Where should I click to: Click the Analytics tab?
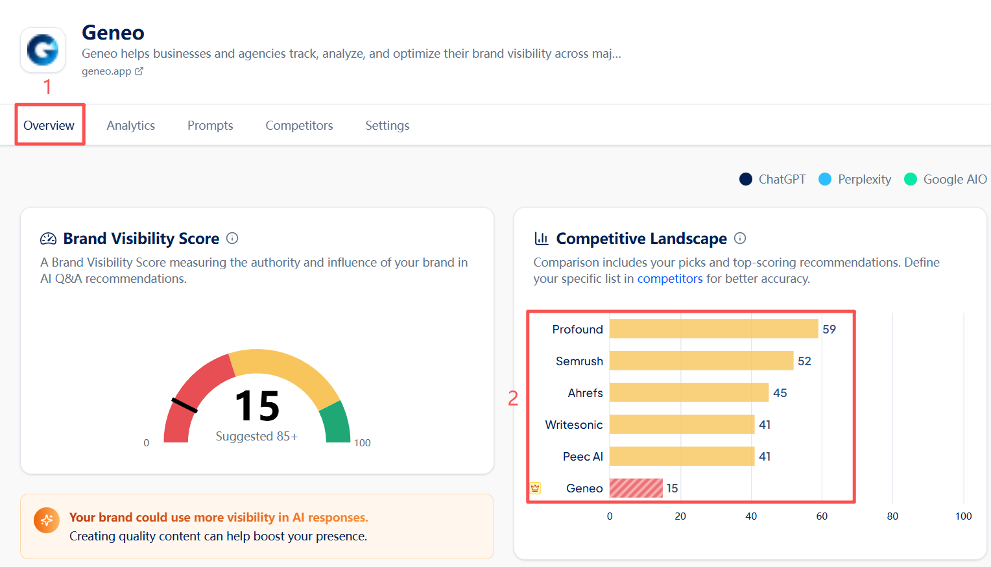pos(130,125)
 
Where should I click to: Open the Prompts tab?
pos(210,125)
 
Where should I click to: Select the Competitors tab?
pos(299,125)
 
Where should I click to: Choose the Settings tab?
pos(387,125)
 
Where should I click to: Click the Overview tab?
pos(49,125)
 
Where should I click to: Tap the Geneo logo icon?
pos(43,50)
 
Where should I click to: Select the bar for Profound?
pos(713,329)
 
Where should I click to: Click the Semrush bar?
pos(701,361)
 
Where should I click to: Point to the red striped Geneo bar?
pos(636,488)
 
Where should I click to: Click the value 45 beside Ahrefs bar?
pos(780,392)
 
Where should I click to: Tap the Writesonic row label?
pos(574,424)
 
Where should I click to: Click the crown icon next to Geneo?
pos(535,488)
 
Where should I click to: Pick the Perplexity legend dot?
pos(825,179)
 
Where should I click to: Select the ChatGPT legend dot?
pos(746,179)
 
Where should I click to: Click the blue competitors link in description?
pos(669,278)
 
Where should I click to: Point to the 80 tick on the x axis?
pos(892,516)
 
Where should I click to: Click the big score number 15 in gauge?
pos(257,406)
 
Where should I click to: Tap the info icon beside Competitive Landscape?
pos(740,238)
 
